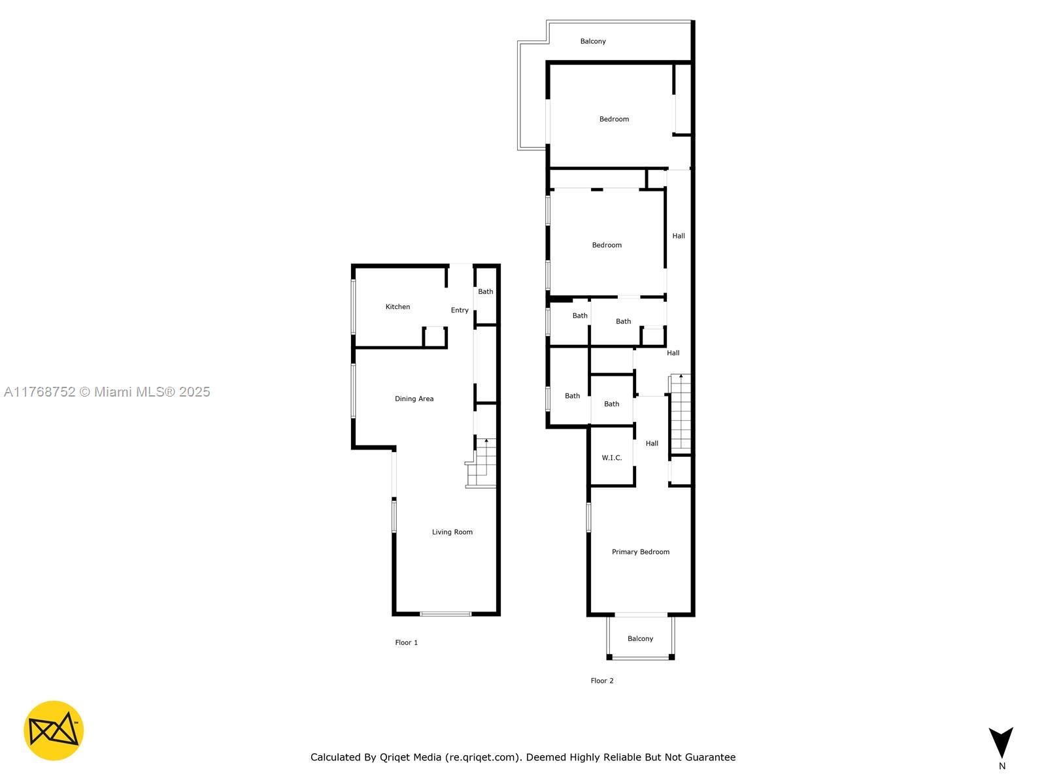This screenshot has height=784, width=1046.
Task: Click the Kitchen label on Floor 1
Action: pos(397,306)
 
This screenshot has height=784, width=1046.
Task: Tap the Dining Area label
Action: pos(414,399)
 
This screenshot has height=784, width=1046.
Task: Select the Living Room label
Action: pos(452,532)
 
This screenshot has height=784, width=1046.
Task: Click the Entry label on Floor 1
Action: pos(460,310)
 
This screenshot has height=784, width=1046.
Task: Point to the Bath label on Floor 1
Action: pos(485,292)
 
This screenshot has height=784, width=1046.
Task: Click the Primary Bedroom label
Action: pos(640,552)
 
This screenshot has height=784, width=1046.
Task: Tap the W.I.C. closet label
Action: pos(611,458)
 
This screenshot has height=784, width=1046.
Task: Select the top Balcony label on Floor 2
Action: pos(593,41)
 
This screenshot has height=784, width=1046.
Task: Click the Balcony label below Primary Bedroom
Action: pos(640,639)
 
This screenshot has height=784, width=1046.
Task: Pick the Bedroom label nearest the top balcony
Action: pos(614,119)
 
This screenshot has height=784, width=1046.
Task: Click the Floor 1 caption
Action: pos(406,643)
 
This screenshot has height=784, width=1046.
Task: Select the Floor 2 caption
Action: pos(602,681)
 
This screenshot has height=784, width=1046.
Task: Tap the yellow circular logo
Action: pos(54,730)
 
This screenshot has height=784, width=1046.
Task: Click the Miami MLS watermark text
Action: pos(107,392)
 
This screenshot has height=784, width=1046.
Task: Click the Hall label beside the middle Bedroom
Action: pos(679,236)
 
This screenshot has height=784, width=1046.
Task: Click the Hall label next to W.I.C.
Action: pos(652,444)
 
